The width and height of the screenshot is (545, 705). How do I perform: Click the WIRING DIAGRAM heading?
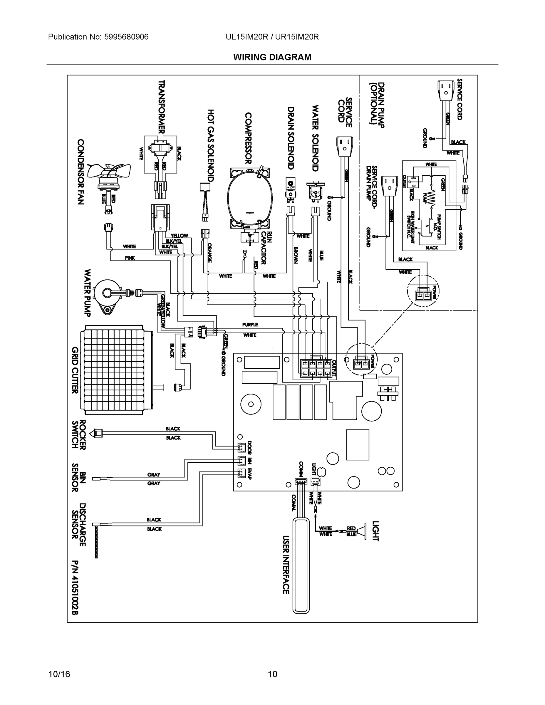coord(272,57)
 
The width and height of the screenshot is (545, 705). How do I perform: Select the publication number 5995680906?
coord(126,37)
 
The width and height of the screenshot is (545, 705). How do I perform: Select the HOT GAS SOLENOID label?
coord(211,145)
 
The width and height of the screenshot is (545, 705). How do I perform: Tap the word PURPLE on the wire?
coord(250,324)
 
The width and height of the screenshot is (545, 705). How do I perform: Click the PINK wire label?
coord(130,258)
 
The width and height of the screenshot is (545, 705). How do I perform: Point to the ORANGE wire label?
coord(209,252)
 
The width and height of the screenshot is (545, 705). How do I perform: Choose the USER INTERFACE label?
coord(286,565)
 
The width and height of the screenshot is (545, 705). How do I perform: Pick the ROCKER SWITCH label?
coord(78,434)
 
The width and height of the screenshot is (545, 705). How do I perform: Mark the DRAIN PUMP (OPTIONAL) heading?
coord(377,105)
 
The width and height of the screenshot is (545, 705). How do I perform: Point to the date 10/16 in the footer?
coord(59,674)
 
